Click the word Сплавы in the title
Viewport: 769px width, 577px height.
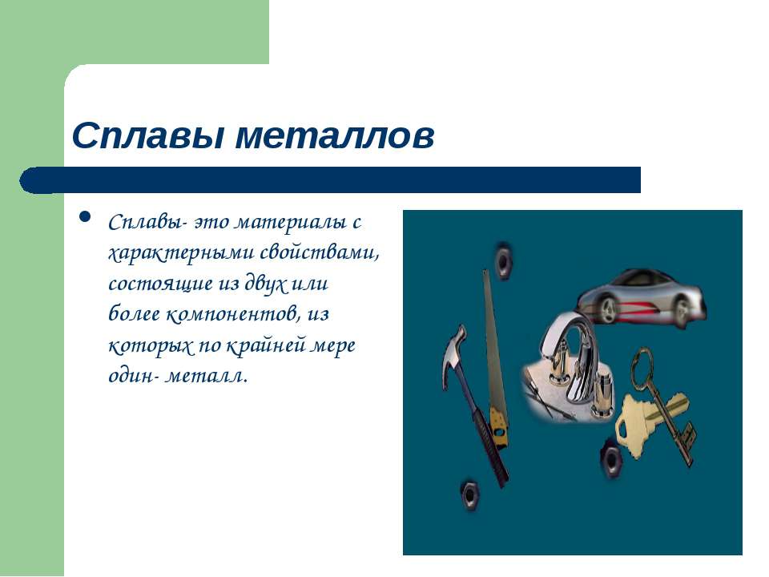tap(148, 136)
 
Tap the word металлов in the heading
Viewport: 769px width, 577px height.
tap(335, 136)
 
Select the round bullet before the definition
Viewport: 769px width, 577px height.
tap(85, 216)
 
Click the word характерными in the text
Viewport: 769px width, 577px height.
tap(181, 253)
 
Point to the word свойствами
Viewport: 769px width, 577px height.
tap(320, 252)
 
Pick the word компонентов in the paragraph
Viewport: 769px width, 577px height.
tap(234, 314)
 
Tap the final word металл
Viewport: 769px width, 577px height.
tap(206, 377)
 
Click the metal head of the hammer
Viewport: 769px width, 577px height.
tap(455, 351)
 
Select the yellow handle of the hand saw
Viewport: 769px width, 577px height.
tap(499, 426)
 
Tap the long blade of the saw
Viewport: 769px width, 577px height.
tap(493, 338)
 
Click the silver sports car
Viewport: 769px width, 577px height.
tap(641, 297)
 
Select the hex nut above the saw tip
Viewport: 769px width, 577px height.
tap(502, 259)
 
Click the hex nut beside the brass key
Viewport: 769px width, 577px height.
tap(611, 458)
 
